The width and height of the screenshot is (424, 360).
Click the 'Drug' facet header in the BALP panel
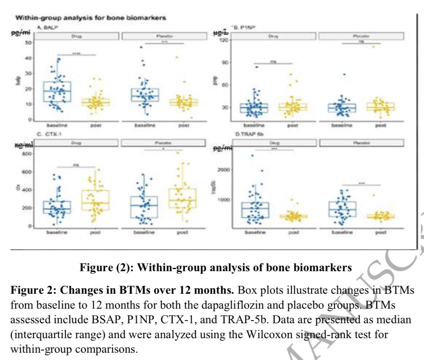pyautogui.click(x=76, y=36)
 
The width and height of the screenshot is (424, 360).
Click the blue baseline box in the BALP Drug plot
pyautogui.click(x=57, y=92)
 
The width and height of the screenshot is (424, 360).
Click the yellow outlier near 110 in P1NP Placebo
pyautogui.click(x=373, y=47)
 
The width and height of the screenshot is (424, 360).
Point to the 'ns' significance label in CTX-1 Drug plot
pyautogui.click(x=76, y=165)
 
